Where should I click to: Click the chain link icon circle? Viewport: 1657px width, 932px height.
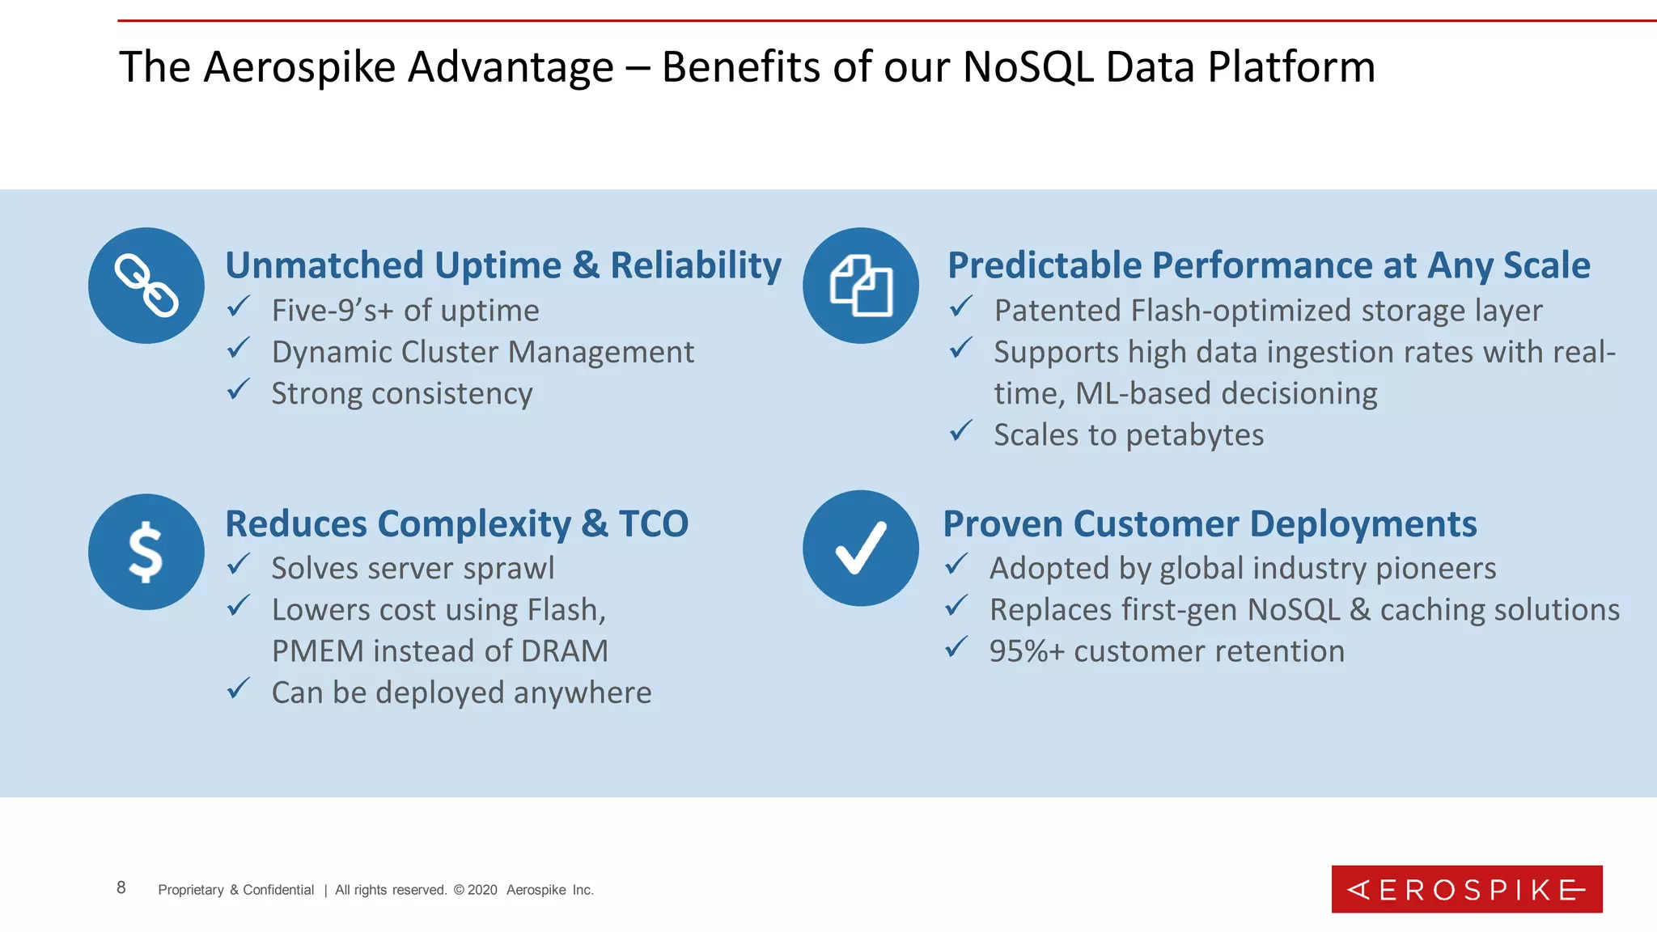[x=146, y=286]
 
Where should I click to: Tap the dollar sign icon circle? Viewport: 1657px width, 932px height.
[x=146, y=552]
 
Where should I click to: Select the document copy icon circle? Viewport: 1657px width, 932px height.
[x=861, y=286]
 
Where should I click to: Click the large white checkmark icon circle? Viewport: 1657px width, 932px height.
[x=861, y=548]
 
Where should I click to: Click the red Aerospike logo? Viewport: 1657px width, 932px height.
[x=1466, y=889]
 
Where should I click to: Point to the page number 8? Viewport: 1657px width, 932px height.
[x=121, y=888]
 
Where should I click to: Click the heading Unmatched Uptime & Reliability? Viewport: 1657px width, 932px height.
[x=503, y=265]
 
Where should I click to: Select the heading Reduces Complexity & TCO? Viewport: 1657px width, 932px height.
[x=456, y=523]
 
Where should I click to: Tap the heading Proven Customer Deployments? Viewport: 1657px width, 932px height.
[x=1210, y=523]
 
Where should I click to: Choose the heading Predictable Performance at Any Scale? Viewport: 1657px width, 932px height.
[x=1269, y=265]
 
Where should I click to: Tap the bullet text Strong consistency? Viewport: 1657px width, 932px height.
[x=402, y=394]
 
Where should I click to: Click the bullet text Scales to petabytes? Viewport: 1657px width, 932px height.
[x=1128, y=435]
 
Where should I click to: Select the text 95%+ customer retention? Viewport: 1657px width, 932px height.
[x=1166, y=651]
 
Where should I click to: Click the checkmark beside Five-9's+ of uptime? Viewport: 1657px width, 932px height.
[x=239, y=307]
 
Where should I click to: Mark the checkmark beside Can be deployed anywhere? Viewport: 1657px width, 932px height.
[x=239, y=689]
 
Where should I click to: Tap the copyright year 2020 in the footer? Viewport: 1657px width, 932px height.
[x=482, y=890]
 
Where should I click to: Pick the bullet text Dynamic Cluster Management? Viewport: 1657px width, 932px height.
[x=482, y=353]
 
